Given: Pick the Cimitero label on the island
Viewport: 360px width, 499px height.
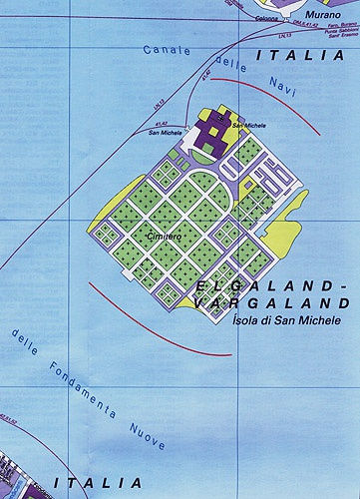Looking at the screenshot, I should pos(165,236).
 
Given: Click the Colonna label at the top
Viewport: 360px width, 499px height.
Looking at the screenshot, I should pos(267,19).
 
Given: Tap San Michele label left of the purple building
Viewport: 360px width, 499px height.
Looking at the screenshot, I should pos(166,132).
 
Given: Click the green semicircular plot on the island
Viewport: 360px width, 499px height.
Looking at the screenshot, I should pos(202,187).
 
